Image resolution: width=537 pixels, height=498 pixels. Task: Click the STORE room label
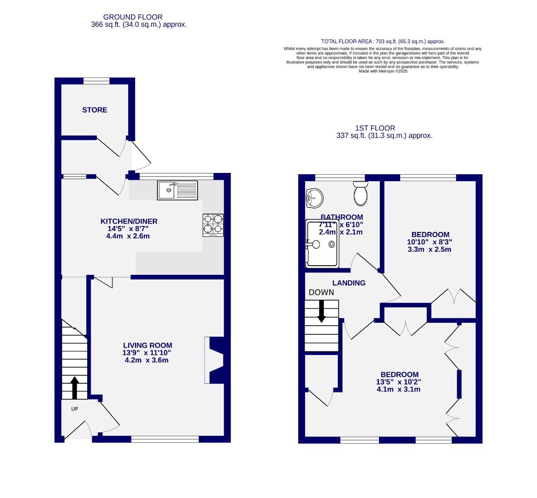(x=94, y=110)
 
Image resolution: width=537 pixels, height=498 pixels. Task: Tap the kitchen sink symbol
(x=177, y=190)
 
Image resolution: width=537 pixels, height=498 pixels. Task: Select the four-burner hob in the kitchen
(x=213, y=225)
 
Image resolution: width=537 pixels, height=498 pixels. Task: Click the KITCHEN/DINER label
(x=129, y=221)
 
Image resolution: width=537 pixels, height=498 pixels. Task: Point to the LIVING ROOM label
(x=148, y=345)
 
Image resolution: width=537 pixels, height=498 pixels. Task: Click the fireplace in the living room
(x=216, y=360)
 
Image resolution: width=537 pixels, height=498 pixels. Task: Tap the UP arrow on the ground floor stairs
(x=74, y=387)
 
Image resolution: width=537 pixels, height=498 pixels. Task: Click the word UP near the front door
(x=75, y=409)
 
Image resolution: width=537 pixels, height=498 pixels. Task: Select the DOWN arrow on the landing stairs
(x=321, y=311)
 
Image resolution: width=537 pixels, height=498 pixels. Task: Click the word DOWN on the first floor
(x=321, y=292)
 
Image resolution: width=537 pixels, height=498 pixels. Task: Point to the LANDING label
(x=349, y=283)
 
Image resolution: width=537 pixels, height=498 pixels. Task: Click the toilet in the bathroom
(x=360, y=193)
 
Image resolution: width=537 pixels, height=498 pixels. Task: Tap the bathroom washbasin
(x=314, y=198)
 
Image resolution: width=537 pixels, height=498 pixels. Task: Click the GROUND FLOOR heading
(x=133, y=17)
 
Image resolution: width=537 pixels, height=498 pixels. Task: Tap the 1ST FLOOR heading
(x=375, y=128)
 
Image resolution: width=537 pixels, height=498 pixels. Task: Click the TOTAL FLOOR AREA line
(x=383, y=41)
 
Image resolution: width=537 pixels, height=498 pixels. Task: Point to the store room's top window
(x=96, y=81)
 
